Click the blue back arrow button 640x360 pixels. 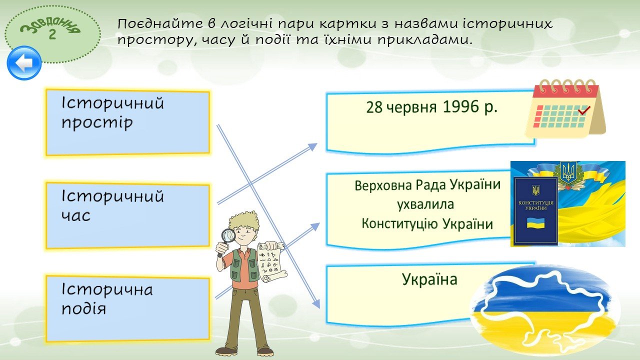point(24,63)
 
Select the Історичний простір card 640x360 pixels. point(127,122)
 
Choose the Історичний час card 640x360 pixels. point(127,215)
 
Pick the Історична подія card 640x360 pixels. point(127,308)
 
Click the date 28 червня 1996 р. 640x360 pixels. point(431,107)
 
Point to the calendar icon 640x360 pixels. point(565,108)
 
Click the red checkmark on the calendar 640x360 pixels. point(583,110)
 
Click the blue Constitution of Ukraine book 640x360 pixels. point(535,211)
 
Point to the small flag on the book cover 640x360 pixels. point(535,223)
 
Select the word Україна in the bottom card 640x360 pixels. point(429,279)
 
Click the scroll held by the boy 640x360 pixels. point(271,262)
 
